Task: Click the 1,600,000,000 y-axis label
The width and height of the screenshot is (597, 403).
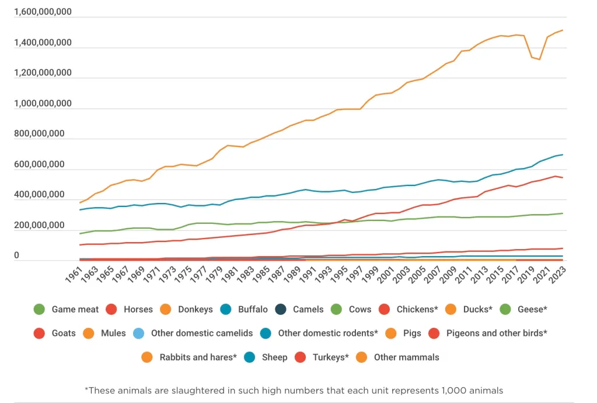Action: tap(43, 12)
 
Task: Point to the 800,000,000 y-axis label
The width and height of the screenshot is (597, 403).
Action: tap(39, 134)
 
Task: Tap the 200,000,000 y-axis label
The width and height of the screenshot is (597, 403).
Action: tap(39, 226)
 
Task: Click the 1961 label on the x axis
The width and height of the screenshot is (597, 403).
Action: tap(74, 275)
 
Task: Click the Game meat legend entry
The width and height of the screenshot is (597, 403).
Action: tap(75, 309)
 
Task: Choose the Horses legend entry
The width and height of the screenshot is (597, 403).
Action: tap(138, 309)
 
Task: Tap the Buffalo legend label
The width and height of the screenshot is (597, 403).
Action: tap(253, 309)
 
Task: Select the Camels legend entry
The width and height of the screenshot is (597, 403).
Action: tap(308, 309)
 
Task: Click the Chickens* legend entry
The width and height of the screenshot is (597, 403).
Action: tap(417, 309)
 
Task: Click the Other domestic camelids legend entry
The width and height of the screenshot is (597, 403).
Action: tap(201, 333)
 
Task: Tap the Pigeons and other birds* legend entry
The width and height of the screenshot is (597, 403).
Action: tap(496, 333)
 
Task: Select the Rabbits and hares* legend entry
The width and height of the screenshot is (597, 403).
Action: tap(198, 357)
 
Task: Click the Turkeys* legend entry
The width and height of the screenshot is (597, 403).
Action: tap(330, 357)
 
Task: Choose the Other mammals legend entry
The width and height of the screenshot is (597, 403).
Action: tap(406, 357)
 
